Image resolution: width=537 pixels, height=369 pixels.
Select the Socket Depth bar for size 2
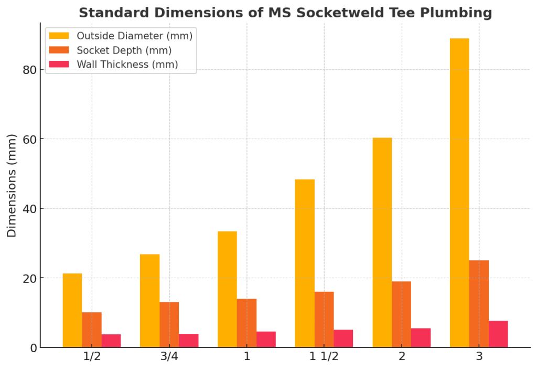401,314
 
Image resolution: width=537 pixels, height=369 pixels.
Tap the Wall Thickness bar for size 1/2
111,341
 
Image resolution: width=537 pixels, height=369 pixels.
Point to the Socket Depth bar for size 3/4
169,324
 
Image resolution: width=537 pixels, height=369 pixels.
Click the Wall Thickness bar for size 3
498,334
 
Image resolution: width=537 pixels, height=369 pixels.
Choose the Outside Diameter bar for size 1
227,289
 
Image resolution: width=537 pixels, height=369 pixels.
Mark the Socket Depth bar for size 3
479,304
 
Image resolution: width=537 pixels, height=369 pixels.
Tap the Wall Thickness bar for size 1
266,339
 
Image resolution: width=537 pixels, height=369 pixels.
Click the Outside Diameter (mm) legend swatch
59,36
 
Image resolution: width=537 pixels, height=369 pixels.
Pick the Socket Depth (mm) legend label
124,50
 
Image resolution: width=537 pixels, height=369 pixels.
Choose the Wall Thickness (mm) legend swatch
59,64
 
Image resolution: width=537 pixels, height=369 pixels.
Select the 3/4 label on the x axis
169,356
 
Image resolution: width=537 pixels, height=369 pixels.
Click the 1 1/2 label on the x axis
324,356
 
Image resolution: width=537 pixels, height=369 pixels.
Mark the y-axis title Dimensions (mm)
12,185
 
